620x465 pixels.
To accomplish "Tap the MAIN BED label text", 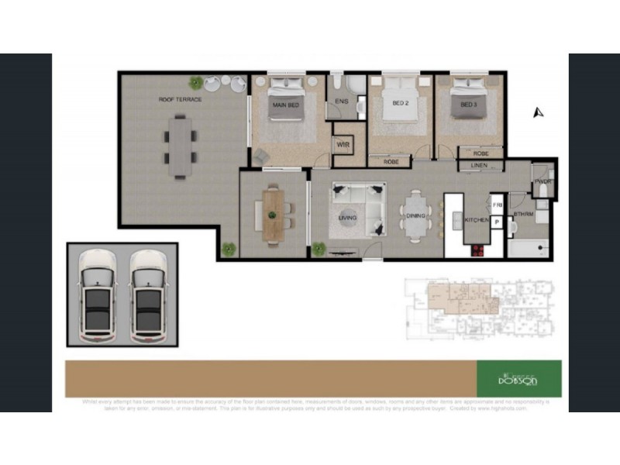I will pyautogui.click(x=284, y=105).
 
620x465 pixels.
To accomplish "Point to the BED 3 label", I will pyautogui.click(x=467, y=105).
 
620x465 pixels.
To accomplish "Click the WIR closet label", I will pyautogui.click(x=342, y=145).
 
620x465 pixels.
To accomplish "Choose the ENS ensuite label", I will pyautogui.click(x=341, y=102).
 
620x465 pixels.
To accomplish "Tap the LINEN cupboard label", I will pyautogui.click(x=480, y=166).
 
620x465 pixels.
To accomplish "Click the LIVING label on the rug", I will pyautogui.click(x=347, y=218).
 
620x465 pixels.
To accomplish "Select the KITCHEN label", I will pyautogui.click(x=476, y=221).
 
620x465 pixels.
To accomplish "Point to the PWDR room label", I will pyautogui.click(x=542, y=183).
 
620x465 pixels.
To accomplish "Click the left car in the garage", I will pyautogui.click(x=97, y=295).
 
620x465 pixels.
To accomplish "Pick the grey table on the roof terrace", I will pyautogui.click(x=179, y=146).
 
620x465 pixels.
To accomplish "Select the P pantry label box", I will pyautogui.click(x=497, y=222).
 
